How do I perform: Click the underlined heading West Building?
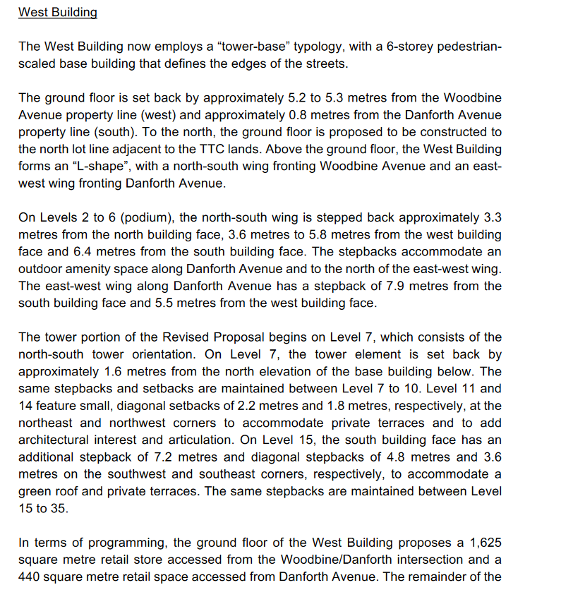point(58,13)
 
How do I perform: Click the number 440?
point(31,577)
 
